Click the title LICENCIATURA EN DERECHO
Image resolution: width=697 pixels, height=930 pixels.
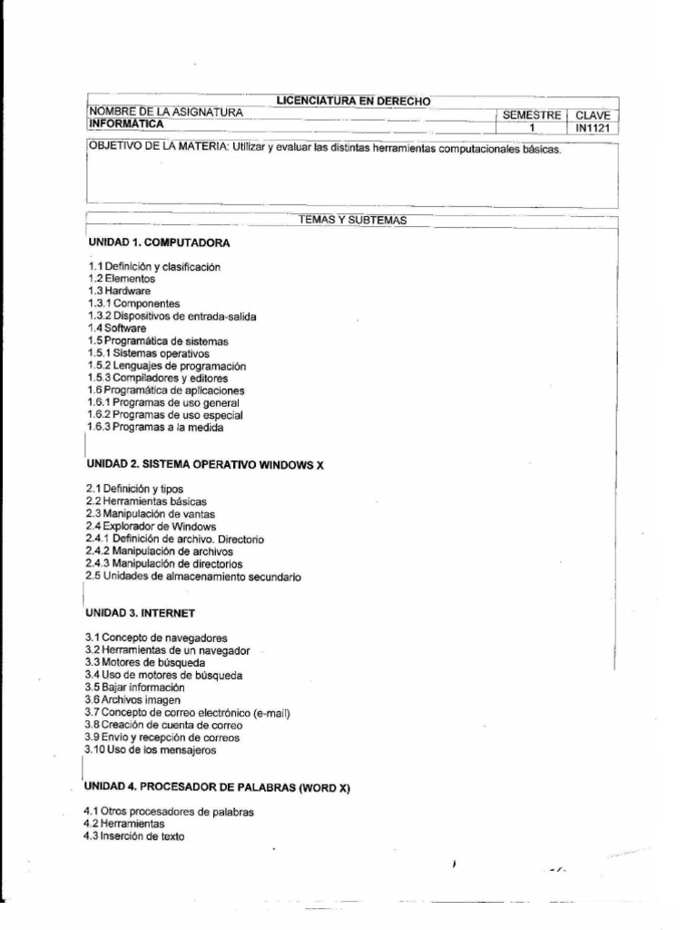354,101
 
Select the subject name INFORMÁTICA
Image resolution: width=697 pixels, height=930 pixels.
126,124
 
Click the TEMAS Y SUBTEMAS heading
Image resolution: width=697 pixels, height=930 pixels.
353,220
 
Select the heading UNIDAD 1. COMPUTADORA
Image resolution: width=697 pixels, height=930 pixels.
159,243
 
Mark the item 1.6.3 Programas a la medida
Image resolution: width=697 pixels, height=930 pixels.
154,427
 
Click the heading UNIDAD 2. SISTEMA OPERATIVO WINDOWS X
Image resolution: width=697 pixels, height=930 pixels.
206,464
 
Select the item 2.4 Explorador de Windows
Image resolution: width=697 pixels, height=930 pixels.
151,527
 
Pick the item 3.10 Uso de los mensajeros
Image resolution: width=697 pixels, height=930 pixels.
150,750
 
